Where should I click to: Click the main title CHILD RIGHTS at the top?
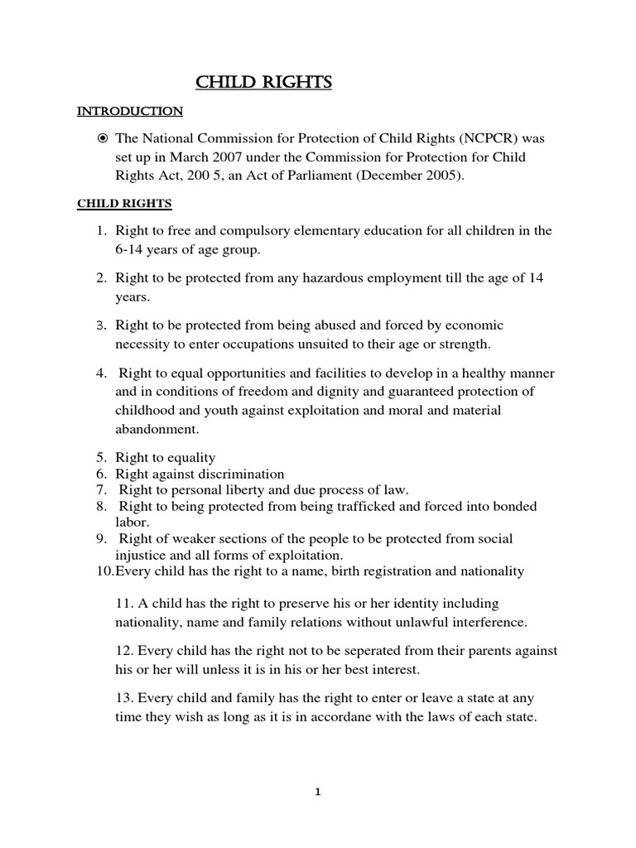click(263, 83)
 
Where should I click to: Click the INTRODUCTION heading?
click(129, 110)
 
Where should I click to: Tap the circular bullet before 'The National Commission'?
click(103, 138)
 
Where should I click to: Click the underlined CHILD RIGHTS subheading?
click(124, 203)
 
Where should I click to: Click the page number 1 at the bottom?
click(317, 792)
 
